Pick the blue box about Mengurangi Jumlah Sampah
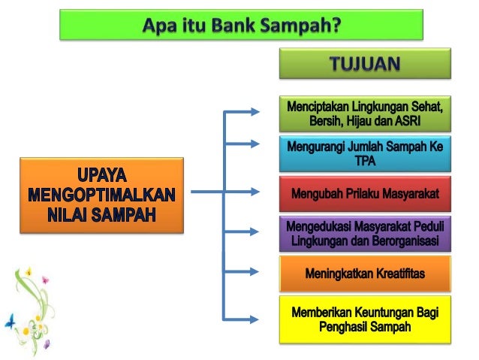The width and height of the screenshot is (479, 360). click(365, 154)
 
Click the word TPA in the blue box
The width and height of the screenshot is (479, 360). click(365, 162)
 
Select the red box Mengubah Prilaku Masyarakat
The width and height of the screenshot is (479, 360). click(365, 195)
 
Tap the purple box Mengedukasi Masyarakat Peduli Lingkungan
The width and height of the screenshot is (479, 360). click(365, 234)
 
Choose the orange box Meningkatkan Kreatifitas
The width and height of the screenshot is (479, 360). click(365, 274)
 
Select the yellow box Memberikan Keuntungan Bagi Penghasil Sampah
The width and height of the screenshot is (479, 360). click(365, 319)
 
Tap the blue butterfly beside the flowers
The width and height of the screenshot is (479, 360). click(10, 322)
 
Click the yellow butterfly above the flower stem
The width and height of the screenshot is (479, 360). click(28, 271)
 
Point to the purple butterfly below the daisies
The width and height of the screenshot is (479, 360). click(46, 344)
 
